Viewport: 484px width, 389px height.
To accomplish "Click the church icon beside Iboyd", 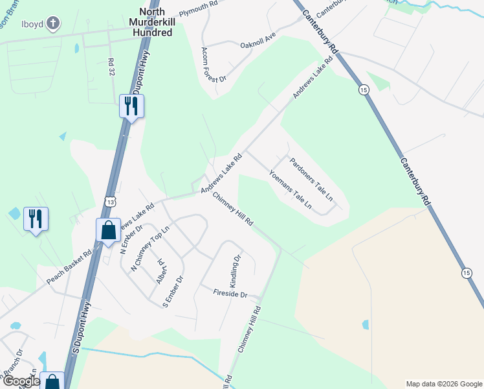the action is pyautogui.click(x=52, y=25).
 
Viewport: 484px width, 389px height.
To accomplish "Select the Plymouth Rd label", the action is pyautogui.click(x=199, y=8).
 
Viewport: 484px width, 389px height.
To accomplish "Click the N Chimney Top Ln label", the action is pyautogui.click(x=149, y=248).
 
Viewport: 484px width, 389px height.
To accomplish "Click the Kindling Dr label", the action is pyautogui.click(x=236, y=267).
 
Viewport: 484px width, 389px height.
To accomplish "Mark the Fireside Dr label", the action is pyautogui.click(x=230, y=294).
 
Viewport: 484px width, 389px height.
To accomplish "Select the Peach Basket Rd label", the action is pyautogui.click(x=69, y=268).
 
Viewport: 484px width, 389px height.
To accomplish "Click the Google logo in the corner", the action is pyautogui.click(x=21, y=381).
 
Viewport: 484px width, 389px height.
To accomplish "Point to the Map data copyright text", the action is pyautogui.click(x=443, y=384).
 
